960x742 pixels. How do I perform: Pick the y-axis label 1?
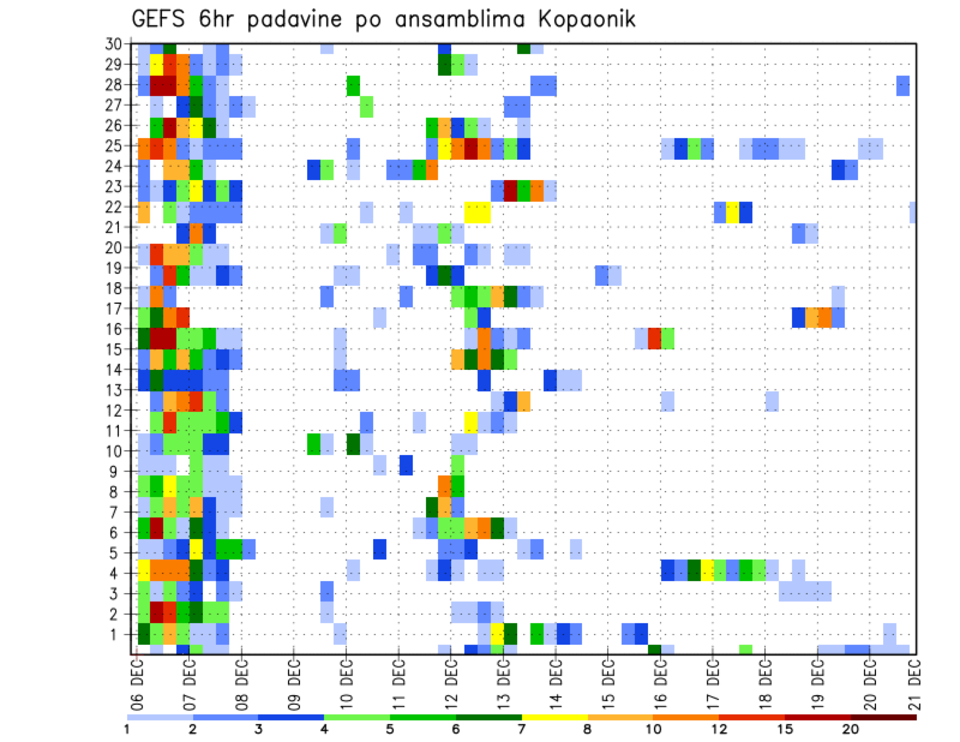click(116, 634)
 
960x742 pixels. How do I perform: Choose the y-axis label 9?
click(116, 471)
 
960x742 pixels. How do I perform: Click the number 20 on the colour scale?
click(851, 729)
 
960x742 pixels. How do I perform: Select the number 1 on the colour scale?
click(128, 729)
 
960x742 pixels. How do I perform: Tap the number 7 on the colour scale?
click(522, 729)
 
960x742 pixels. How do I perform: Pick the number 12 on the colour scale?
click(719, 729)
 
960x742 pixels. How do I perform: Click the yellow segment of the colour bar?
click(555, 717)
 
